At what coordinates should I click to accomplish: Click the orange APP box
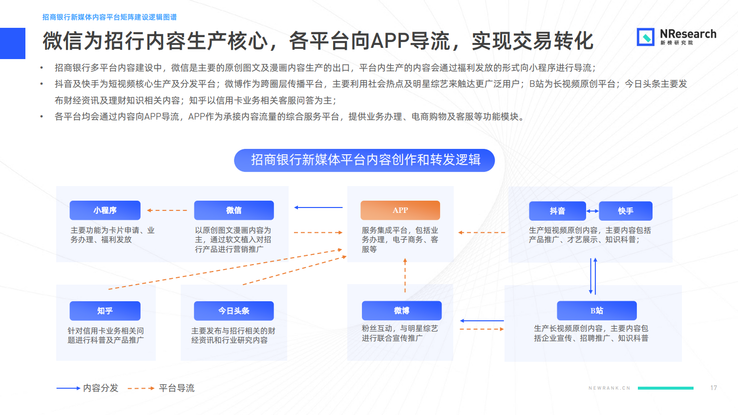point(401,210)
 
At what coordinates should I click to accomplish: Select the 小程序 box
point(105,210)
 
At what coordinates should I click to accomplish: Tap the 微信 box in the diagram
point(234,210)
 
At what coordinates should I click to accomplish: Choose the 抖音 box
point(557,211)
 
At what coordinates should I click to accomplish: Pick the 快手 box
point(626,211)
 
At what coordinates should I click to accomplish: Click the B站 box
point(597,311)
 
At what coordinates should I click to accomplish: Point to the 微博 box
point(401,311)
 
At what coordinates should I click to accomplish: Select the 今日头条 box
point(234,311)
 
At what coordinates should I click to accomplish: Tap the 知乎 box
point(105,311)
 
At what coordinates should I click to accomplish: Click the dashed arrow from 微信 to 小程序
point(167,210)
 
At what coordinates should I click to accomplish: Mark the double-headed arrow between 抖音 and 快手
point(592,211)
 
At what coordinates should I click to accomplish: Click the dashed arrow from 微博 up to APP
point(405,275)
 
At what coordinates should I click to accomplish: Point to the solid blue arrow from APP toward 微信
point(318,207)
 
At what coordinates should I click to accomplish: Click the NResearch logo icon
point(645,37)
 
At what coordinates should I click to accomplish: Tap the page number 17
point(714,388)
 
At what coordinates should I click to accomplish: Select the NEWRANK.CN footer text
point(610,388)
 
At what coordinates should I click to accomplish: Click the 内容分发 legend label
point(101,388)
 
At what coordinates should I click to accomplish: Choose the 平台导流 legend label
point(177,388)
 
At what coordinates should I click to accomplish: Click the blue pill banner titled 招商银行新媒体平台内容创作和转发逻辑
point(364,161)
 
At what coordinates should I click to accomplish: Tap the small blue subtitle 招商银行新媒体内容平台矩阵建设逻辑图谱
point(109,17)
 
